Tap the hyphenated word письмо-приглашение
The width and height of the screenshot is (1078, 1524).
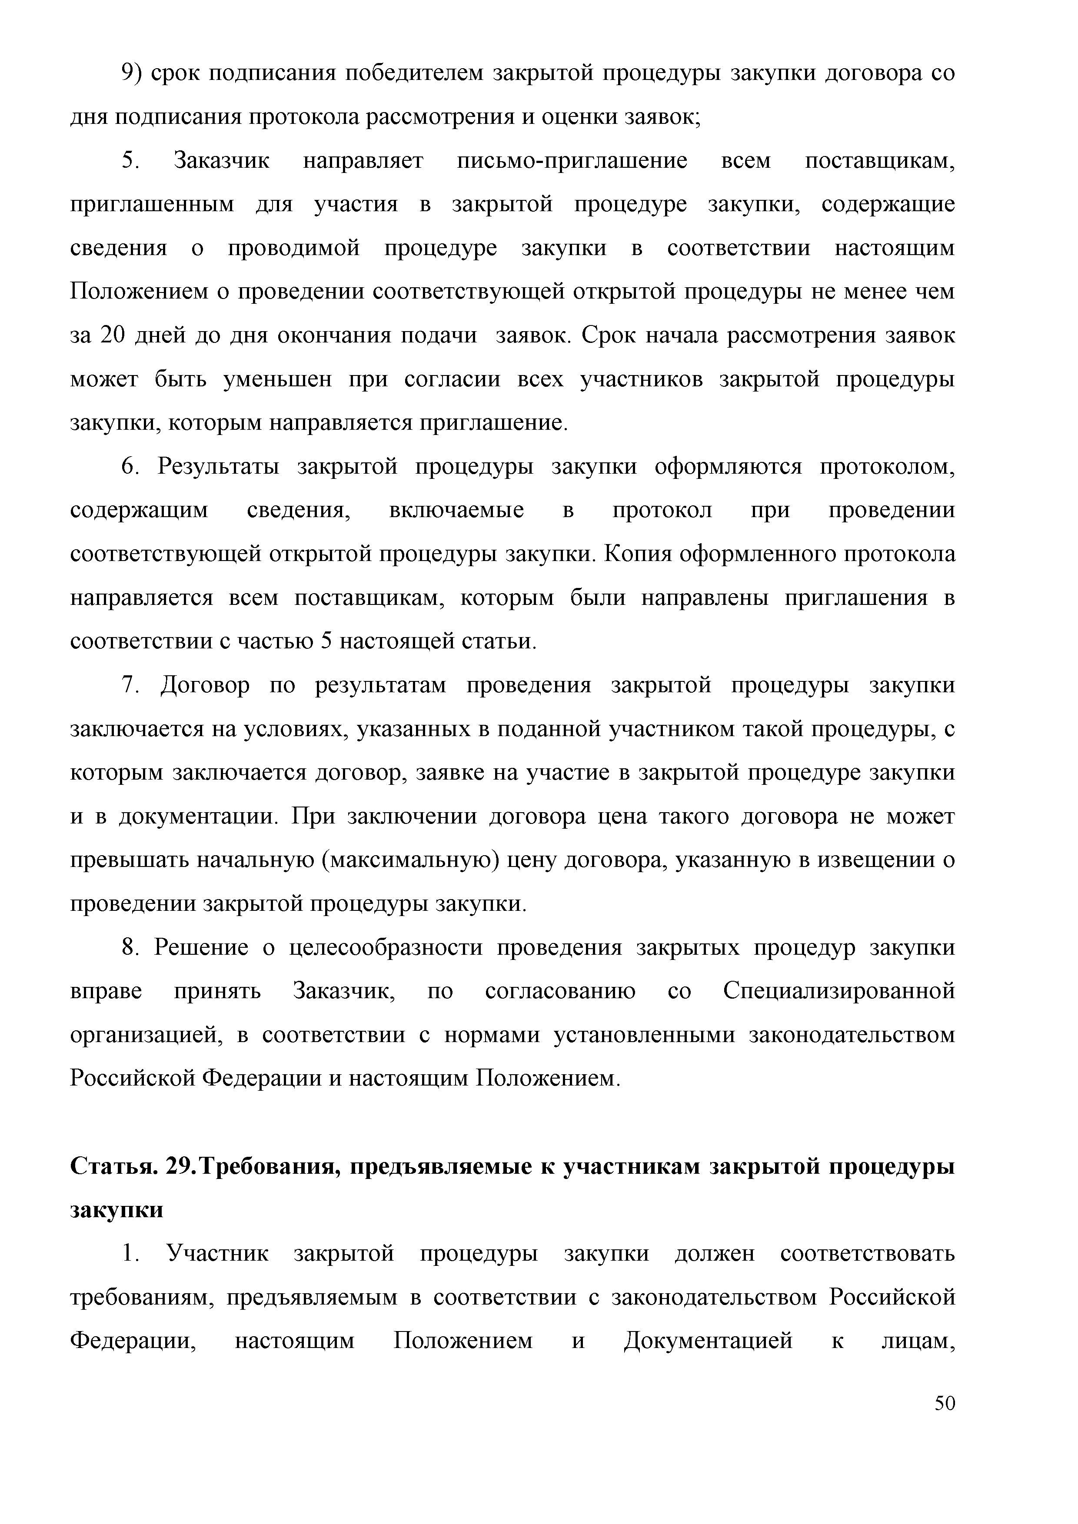pyautogui.click(x=572, y=161)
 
